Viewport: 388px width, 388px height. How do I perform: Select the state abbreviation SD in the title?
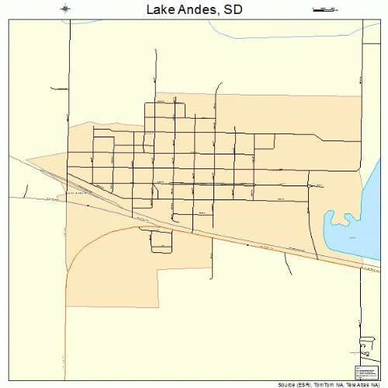click(233, 10)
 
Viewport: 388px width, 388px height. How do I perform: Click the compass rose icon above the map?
click(65, 9)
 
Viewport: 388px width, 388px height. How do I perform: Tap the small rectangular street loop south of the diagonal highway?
click(158, 243)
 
